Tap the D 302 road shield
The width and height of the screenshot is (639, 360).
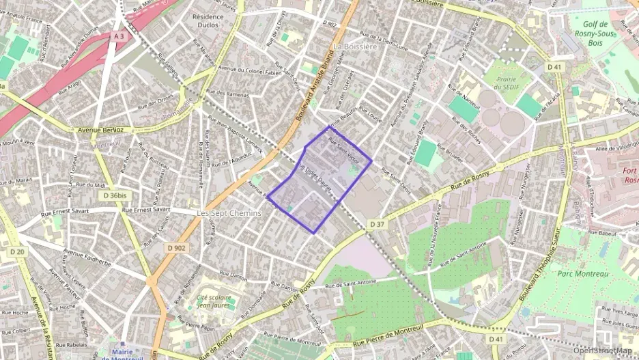point(332,24)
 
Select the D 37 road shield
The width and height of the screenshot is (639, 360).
point(378,224)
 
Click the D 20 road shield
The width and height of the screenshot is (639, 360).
point(17,252)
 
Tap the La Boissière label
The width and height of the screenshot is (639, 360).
point(355,46)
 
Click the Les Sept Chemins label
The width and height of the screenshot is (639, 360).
point(229,213)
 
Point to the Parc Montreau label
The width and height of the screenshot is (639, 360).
point(582,274)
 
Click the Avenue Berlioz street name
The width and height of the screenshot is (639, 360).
point(100,129)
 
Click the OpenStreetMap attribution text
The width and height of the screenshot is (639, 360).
point(602,350)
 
